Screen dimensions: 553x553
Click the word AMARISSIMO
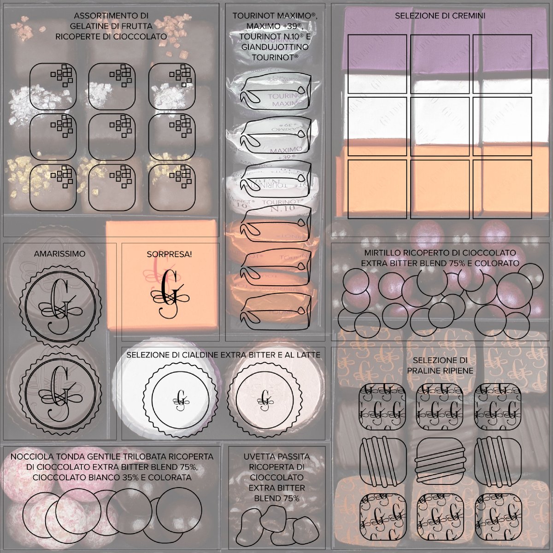(x=59, y=254)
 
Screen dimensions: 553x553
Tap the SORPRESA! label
(x=169, y=254)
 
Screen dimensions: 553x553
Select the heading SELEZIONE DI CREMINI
(x=440, y=16)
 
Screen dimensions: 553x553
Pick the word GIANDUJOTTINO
(x=275, y=47)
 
